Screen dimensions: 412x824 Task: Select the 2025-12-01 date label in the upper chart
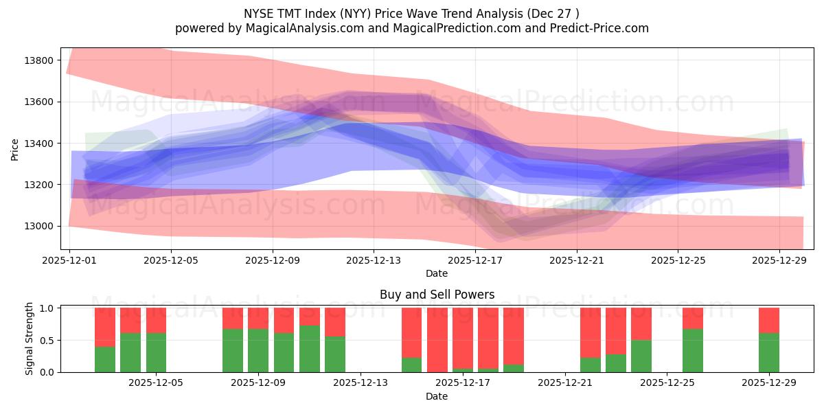(69, 261)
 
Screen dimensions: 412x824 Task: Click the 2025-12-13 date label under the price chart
(374, 261)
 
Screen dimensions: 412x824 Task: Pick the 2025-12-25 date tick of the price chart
(678, 261)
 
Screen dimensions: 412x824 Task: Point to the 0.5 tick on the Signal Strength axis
(47, 341)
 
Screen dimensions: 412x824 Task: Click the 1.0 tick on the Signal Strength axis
(47, 308)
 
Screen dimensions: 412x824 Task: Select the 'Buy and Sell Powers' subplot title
(437, 295)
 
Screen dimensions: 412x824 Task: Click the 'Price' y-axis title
(15, 149)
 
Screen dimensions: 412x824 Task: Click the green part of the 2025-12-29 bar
(769, 353)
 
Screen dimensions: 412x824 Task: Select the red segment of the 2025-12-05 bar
(156, 320)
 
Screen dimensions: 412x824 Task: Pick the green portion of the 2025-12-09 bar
(284, 353)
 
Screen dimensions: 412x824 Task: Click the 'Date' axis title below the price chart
(437, 273)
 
